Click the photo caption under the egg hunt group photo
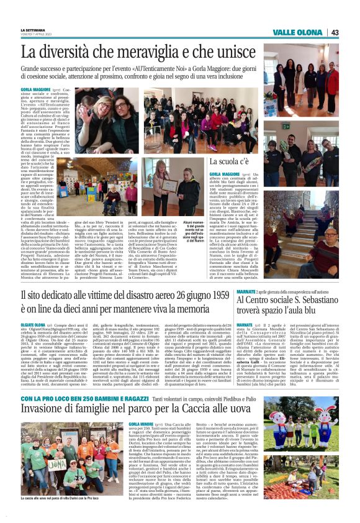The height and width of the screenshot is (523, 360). (56, 515)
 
